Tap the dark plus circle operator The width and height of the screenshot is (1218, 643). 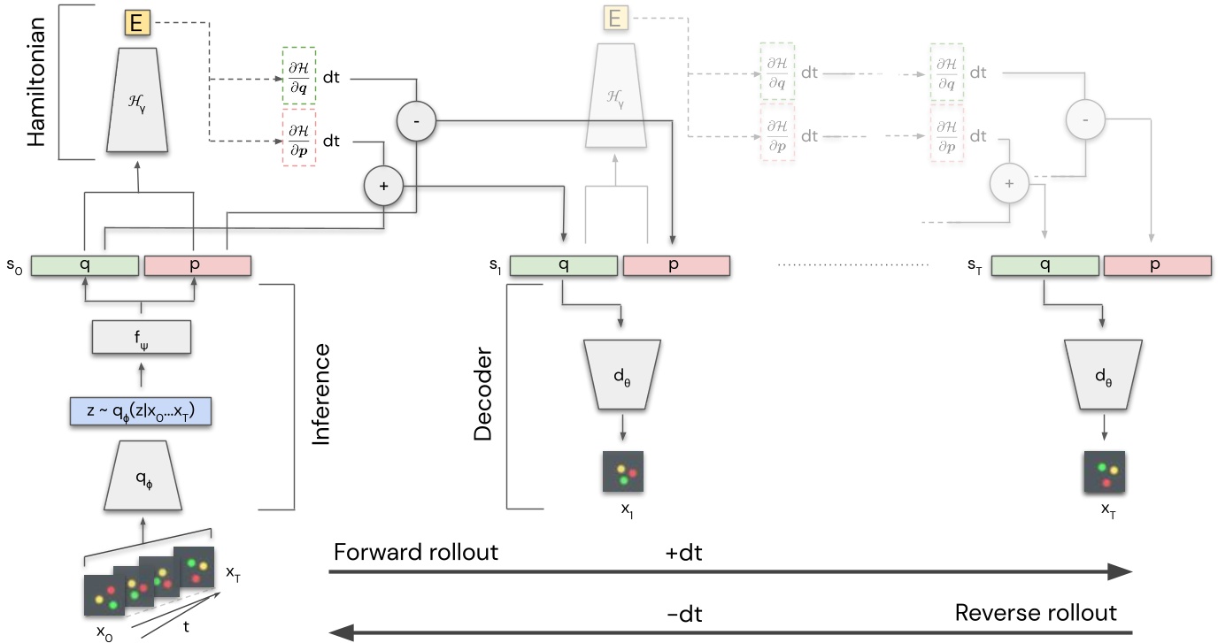coord(383,187)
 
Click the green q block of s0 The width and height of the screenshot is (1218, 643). coord(85,265)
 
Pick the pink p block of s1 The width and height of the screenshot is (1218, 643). coord(676,265)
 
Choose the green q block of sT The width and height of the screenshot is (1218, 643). coord(1045,265)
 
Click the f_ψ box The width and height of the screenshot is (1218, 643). coord(142,336)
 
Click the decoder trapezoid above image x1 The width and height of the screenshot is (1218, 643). coord(622,373)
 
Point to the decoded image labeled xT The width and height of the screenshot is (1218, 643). coord(1104,471)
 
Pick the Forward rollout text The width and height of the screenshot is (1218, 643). coord(416,552)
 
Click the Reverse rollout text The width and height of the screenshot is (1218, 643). coord(1036,613)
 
